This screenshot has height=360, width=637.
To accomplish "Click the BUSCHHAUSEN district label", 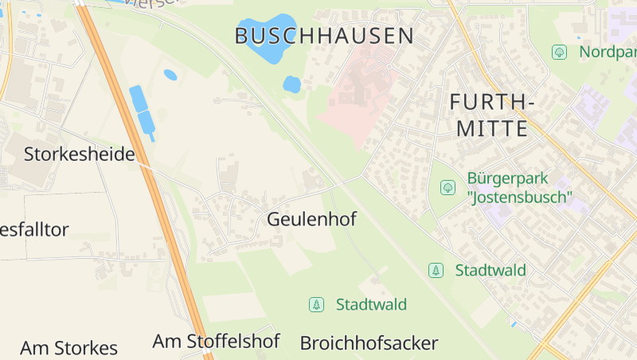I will (324, 36).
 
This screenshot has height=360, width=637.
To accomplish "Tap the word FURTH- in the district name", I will (491, 102).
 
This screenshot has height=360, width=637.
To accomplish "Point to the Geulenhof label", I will (311, 219).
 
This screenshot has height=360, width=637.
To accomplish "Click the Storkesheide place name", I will (79, 154).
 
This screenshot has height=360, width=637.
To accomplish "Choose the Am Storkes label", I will (68, 348).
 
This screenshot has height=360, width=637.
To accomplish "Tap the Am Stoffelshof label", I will (216, 342).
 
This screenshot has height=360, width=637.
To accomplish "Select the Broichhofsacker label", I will (369, 343).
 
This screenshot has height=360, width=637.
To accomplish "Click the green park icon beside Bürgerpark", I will (447, 187).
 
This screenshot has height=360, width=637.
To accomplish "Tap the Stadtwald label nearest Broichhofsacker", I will (371, 304).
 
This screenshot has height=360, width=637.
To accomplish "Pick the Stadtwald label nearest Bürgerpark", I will (490, 270).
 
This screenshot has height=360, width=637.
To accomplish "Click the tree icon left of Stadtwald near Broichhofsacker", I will (317, 304).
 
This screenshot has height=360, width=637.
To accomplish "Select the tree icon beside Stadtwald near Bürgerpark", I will (436, 270).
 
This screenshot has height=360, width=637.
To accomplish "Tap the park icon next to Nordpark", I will (559, 52).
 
